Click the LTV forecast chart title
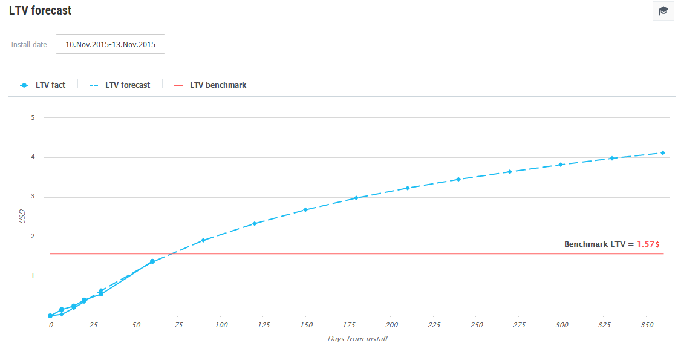click(40, 11)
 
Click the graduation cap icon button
click(663, 11)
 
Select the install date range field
click(110, 44)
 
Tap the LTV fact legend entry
click(43, 85)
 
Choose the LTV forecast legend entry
click(120, 85)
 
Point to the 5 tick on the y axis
click(33, 117)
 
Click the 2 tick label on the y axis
click(33, 237)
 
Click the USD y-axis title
click(22, 217)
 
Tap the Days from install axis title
click(357, 339)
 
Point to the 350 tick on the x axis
click(646, 326)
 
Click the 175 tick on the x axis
click(348, 326)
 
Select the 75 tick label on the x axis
click(178, 326)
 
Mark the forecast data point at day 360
click(663, 152)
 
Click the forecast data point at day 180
click(356, 198)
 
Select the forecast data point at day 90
click(203, 240)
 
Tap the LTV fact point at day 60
click(152, 261)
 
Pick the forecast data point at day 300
click(561, 165)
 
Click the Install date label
click(29, 45)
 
